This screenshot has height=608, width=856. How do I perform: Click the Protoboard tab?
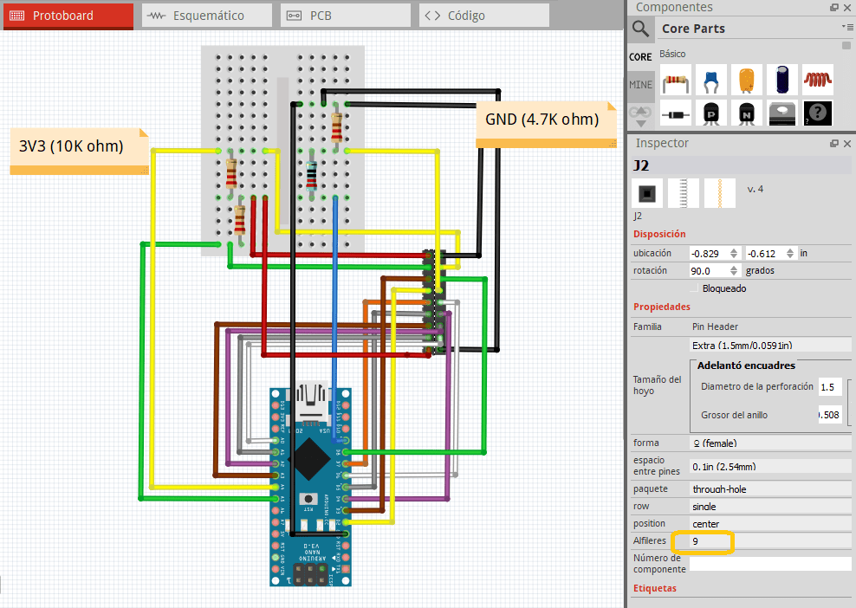click(68, 16)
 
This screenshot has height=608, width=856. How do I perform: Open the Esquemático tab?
click(206, 16)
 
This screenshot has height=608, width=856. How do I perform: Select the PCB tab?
click(345, 16)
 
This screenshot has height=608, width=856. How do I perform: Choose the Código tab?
click(483, 16)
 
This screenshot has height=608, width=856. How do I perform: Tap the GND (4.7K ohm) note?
click(542, 120)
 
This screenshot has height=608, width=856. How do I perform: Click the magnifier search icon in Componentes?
click(641, 29)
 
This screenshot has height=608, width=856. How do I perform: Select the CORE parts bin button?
click(640, 56)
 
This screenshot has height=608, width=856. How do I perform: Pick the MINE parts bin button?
click(640, 85)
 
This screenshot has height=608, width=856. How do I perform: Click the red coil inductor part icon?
click(817, 80)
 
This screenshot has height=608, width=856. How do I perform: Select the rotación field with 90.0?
click(710, 271)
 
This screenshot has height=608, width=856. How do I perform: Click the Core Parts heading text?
click(693, 29)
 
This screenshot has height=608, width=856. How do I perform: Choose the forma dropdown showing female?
click(769, 443)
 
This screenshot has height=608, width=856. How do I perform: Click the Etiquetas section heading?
click(655, 589)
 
